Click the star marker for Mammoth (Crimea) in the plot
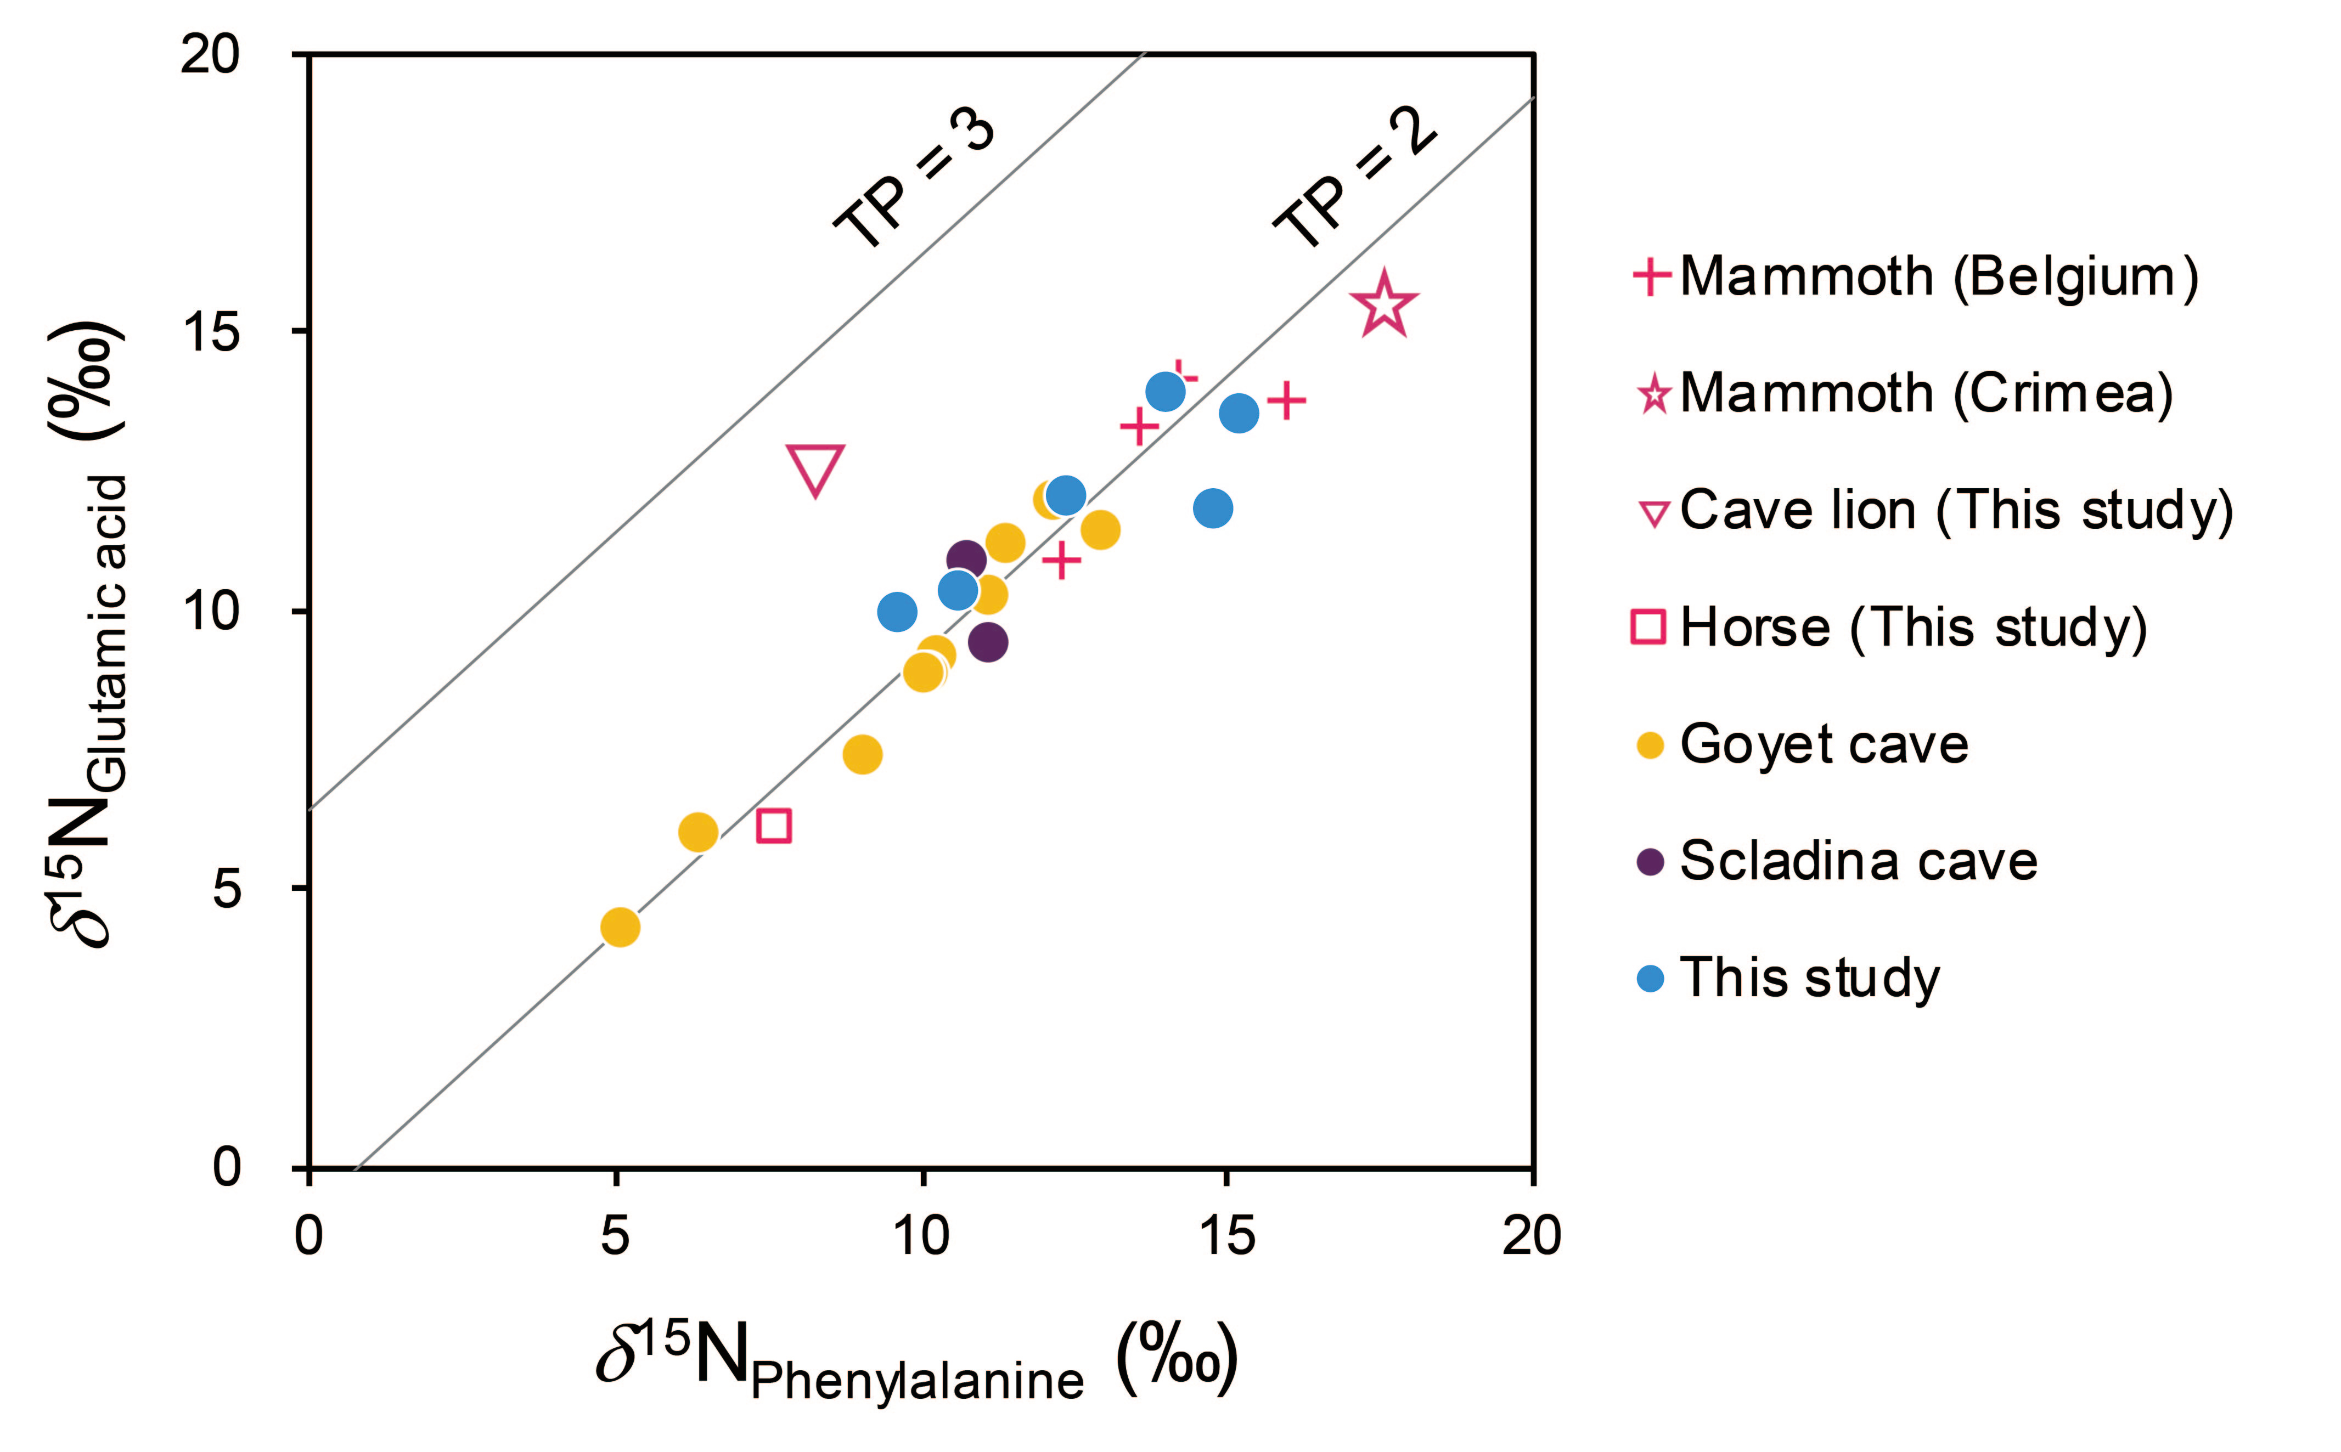[x=1383, y=306]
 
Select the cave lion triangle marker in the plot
[x=814, y=468]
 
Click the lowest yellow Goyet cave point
[x=620, y=926]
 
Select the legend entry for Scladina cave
[x=1858, y=861]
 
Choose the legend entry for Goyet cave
[x=1823, y=744]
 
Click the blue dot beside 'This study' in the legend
[x=1650, y=979]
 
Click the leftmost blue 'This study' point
[x=896, y=612]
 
